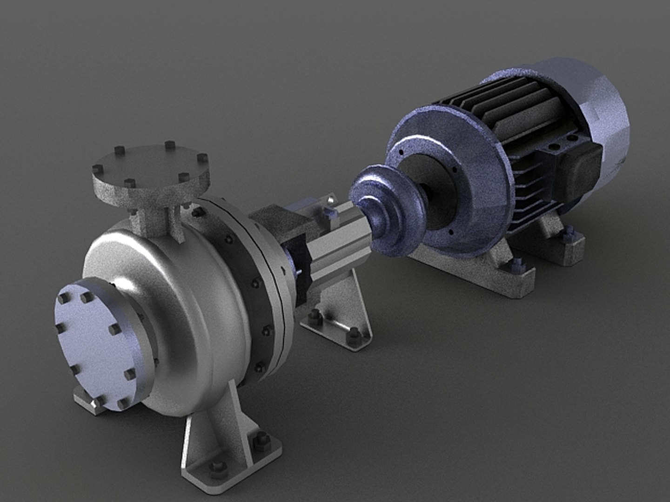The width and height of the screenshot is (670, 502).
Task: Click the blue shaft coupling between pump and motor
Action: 386,209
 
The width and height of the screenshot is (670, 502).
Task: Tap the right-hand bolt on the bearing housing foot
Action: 354,334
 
